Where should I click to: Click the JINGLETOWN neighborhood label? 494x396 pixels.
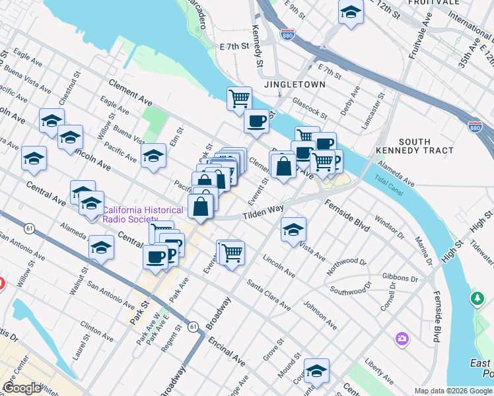coord(295,85)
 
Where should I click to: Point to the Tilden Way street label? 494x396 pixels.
coord(262,211)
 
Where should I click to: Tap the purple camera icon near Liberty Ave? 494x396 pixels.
coord(402,339)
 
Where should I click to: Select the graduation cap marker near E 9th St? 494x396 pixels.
coord(351,12)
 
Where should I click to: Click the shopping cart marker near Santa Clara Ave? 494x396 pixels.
coord(232,251)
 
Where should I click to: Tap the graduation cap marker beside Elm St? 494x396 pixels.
coord(153,156)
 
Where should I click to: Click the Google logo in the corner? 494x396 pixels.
coord(21,387)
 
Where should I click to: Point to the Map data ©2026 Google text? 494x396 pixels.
coord(452,391)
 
